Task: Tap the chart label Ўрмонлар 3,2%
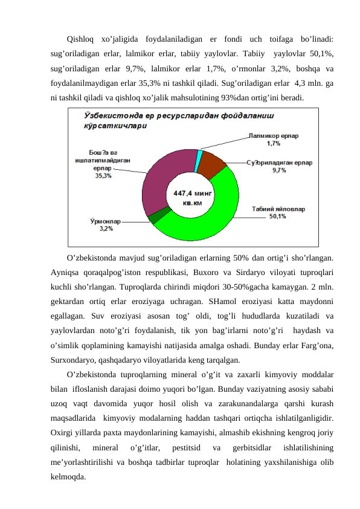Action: pos(100,225)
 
